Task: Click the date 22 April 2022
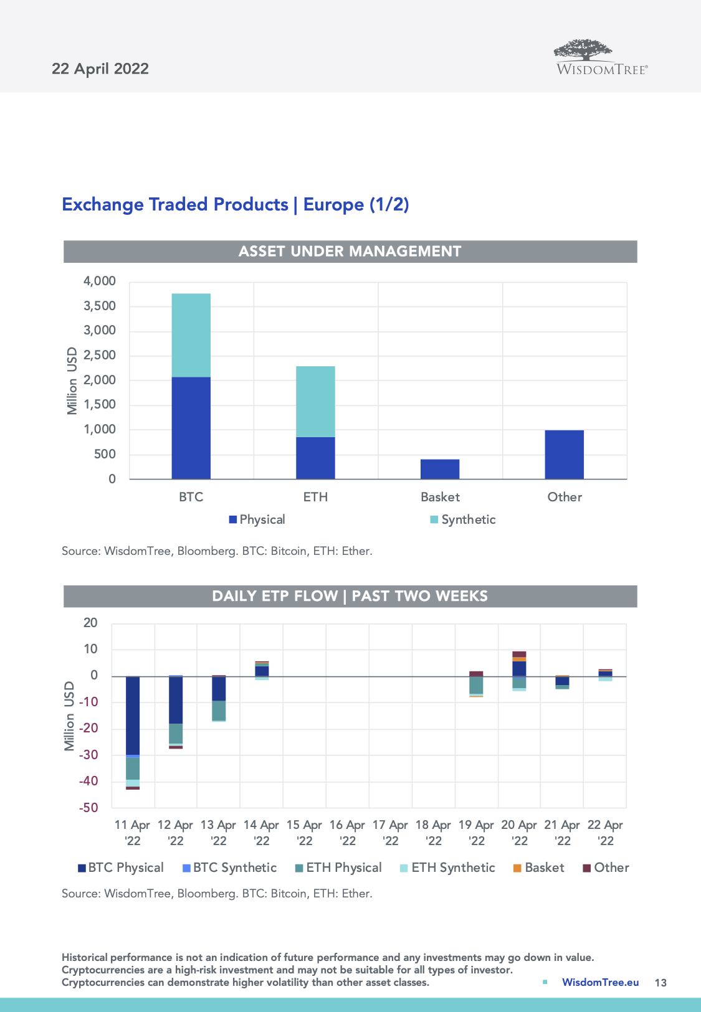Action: pyautogui.click(x=100, y=69)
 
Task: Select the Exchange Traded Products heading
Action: pyautogui.click(x=236, y=204)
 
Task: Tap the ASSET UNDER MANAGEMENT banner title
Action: pyautogui.click(x=350, y=251)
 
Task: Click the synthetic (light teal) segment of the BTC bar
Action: pyautogui.click(x=191, y=335)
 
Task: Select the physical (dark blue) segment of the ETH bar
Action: pyautogui.click(x=315, y=458)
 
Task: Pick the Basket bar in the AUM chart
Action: pyautogui.click(x=440, y=469)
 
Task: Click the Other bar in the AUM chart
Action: pyautogui.click(x=564, y=455)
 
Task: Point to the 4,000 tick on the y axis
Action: pyautogui.click(x=100, y=281)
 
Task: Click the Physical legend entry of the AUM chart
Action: pyautogui.click(x=257, y=519)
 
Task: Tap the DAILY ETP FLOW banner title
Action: pyautogui.click(x=350, y=596)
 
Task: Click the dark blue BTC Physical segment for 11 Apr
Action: pyautogui.click(x=133, y=715)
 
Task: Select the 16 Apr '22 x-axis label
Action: pyautogui.click(x=347, y=833)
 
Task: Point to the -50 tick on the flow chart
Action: pyautogui.click(x=88, y=808)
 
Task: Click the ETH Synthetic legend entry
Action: pyautogui.click(x=447, y=868)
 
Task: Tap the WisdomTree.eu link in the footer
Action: pyautogui.click(x=600, y=982)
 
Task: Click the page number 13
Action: pyautogui.click(x=660, y=983)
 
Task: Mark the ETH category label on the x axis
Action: pyautogui.click(x=315, y=497)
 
